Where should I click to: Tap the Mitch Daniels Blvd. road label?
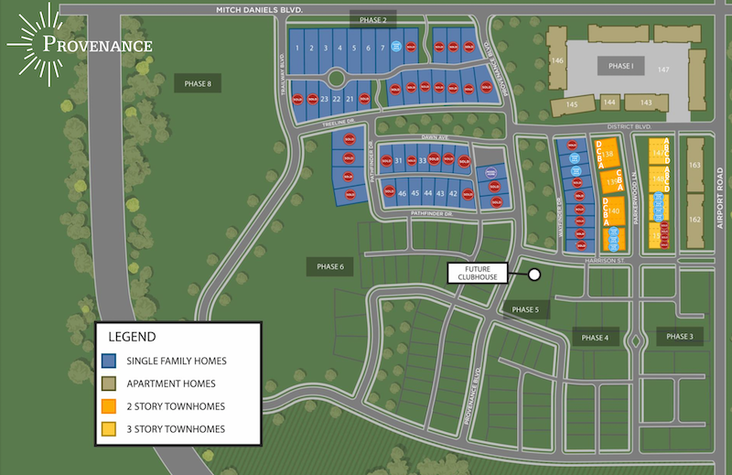259,9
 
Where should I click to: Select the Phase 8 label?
198,84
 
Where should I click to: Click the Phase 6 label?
329,266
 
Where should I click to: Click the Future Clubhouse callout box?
474,273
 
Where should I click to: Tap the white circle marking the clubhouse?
534,274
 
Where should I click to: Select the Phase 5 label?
525,309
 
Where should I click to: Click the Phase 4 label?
595,338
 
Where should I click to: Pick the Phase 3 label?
679,336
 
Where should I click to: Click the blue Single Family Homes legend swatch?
109,361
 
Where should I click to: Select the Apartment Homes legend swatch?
109,383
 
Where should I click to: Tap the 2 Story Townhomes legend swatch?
109,406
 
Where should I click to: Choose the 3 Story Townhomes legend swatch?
109,429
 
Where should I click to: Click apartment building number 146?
555,60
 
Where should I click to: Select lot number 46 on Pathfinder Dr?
402,193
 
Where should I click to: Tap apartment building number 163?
694,166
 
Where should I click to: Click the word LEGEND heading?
133,337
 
